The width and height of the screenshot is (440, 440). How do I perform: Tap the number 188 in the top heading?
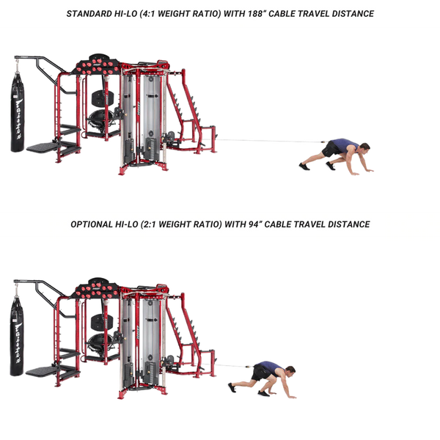click(x=254, y=14)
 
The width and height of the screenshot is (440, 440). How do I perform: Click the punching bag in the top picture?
click(x=18, y=112)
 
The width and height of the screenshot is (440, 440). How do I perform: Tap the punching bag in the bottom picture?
click(x=17, y=336)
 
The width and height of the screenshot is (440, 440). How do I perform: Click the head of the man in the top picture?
click(x=364, y=147)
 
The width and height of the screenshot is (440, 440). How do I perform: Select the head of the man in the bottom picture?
click(x=290, y=371)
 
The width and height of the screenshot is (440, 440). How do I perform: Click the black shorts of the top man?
click(x=331, y=149)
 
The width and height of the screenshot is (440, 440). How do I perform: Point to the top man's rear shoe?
click(x=304, y=166)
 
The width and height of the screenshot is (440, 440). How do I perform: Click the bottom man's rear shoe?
click(x=232, y=388)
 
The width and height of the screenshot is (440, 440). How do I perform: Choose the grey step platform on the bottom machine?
click(x=42, y=371)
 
